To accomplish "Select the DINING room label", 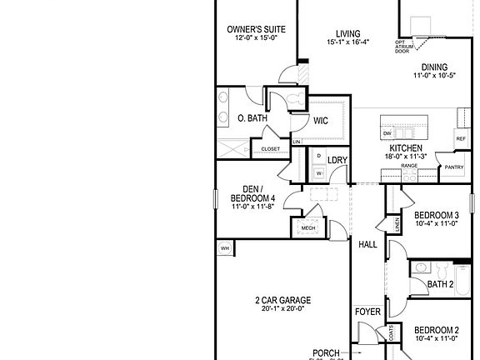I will coord(434,67).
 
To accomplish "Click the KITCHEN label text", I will coord(404,147).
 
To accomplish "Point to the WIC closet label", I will coord(321,121).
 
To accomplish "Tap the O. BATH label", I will coord(252,118).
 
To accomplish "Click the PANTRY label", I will coord(453,167).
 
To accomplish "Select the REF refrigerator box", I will coord(460,139).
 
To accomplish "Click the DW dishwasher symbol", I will coord(387,133).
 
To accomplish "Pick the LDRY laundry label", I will coord(337,160).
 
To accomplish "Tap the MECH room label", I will coord(308,227).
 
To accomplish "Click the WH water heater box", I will coord(225,248).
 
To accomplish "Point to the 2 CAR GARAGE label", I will coord(282,300).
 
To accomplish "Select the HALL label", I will coord(367,245).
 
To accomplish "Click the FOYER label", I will coord(367,312).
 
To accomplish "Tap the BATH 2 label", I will coord(440,285).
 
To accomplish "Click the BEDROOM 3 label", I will coord(437,214).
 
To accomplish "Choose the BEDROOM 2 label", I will coord(437,329).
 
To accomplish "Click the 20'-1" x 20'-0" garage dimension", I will coord(282,309).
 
